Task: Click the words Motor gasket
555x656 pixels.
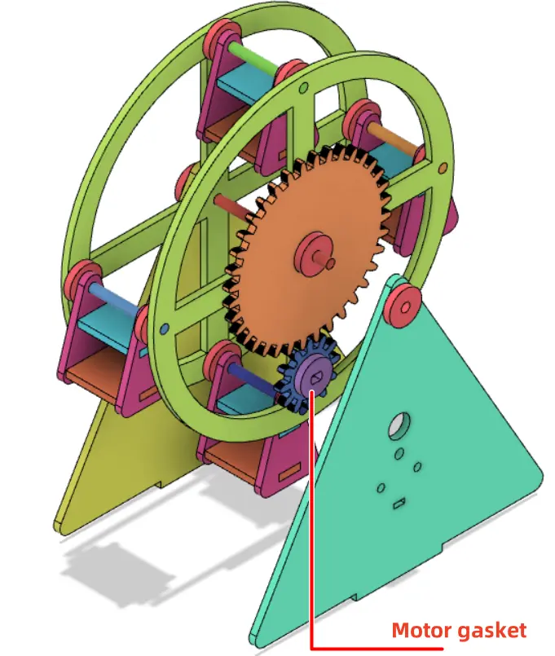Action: (459, 630)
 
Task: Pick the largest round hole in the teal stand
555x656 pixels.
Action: (399, 425)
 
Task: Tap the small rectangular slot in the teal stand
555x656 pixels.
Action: (399, 503)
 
